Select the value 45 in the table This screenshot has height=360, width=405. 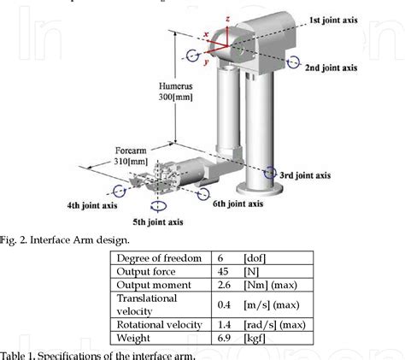220,272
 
